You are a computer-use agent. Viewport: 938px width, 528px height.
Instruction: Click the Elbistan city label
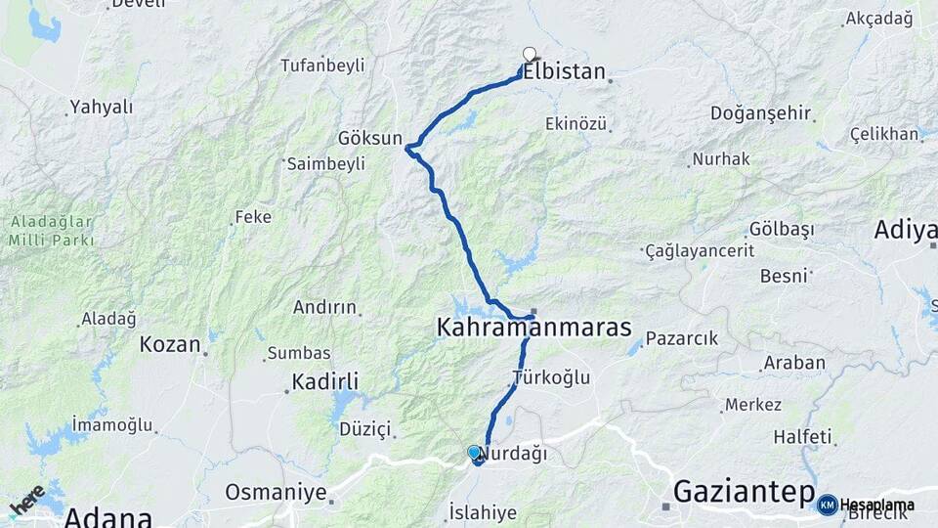(565, 72)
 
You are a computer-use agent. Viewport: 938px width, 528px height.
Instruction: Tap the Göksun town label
(369, 138)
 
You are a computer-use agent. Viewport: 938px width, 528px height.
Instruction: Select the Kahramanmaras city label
(533, 329)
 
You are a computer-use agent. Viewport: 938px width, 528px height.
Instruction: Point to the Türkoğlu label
(551, 377)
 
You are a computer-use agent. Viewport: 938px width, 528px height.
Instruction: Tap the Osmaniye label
(276, 492)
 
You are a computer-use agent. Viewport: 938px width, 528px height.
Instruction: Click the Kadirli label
(326, 381)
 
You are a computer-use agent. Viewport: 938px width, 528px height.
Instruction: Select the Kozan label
(170, 344)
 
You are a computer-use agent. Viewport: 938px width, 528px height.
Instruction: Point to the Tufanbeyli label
(322, 66)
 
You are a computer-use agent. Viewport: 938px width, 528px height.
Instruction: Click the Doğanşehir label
(761, 113)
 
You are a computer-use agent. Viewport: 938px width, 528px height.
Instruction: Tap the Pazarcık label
(681, 339)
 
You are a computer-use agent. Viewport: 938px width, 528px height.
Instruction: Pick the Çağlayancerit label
(700, 251)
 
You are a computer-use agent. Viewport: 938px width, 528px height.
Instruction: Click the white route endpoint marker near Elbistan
(530, 55)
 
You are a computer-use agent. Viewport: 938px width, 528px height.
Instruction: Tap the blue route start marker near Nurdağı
(474, 453)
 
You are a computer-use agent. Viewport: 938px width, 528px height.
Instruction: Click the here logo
(26, 500)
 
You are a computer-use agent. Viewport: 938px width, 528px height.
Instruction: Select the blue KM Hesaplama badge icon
(828, 506)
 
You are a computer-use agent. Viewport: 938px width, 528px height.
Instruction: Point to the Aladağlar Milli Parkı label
(53, 230)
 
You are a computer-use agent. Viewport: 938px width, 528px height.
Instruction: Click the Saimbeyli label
(325, 164)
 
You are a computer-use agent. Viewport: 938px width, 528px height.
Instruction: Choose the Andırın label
(325, 307)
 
